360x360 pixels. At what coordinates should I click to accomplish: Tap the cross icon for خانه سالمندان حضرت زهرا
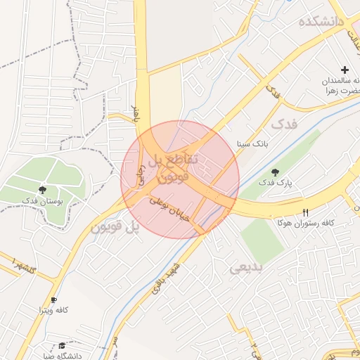(345, 70)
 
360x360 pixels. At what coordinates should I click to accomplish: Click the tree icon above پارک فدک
(275, 172)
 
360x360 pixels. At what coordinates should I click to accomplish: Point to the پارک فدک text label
(274, 183)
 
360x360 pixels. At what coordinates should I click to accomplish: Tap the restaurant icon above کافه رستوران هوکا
(305, 212)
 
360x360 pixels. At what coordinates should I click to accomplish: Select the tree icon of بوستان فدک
(43, 190)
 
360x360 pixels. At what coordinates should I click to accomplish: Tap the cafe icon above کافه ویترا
(54, 300)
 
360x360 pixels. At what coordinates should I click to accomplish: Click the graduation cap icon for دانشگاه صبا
(62, 345)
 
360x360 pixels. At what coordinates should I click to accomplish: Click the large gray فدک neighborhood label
(284, 124)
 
